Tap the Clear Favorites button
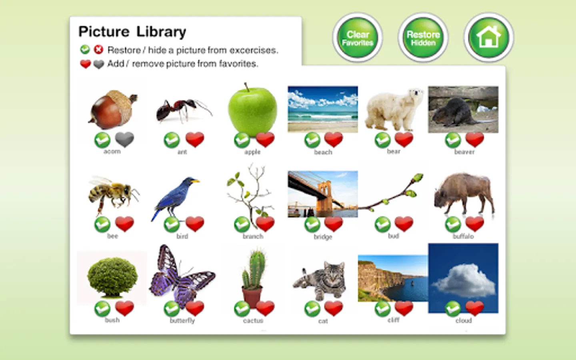pyautogui.click(x=358, y=38)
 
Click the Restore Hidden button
pyautogui.click(x=423, y=38)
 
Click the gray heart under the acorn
pyautogui.click(x=124, y=140)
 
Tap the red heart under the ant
pyautogui.click(x=195, y=140)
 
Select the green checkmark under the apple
pyautogui.click(x=242, y=140)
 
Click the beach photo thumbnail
pyautogui.click(x=323, y=109)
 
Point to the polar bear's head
pyautogui.click(x=414, y=95)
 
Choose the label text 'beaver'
pyautogui.click(x=464, y=152)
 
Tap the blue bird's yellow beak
pyautogui.click(x=196, y=181)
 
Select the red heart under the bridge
pyautogui.click(x=334, y=224)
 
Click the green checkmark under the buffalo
pyautogui.click(x=453, y=224)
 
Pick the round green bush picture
pyautogui.click(x=112, y=278)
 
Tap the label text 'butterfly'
pyautogui.click(x=182, y=321)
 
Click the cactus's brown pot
pyautogui.click(x=252, y=297)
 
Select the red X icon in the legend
pyautogui.click(x=98, y=49)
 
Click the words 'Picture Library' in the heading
pyautogui.click(x=132, y=32)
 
